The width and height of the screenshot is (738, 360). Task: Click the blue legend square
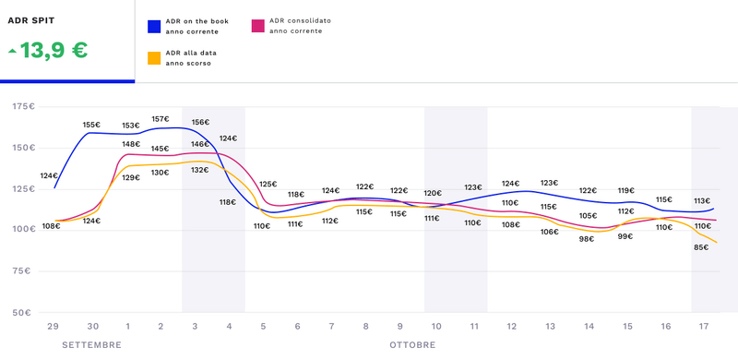coord(154,26)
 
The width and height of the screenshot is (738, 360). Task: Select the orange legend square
coord(154,58)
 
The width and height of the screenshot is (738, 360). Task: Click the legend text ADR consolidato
coord(301,19)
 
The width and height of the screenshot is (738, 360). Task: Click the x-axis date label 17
coord(703,326)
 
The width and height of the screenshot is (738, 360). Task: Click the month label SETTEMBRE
coord(91,344)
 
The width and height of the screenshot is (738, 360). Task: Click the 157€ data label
coord(160,119)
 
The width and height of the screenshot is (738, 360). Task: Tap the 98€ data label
coord(587,239)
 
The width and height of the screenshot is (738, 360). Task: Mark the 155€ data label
coord(91,125)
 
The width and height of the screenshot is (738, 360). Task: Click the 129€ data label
coord(130,177)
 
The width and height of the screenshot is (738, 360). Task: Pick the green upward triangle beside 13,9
coord(12,51)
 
